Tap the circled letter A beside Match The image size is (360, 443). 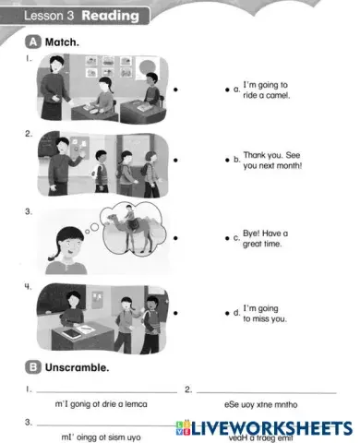32,42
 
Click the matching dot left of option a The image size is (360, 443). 226,90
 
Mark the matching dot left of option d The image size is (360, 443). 226,314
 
